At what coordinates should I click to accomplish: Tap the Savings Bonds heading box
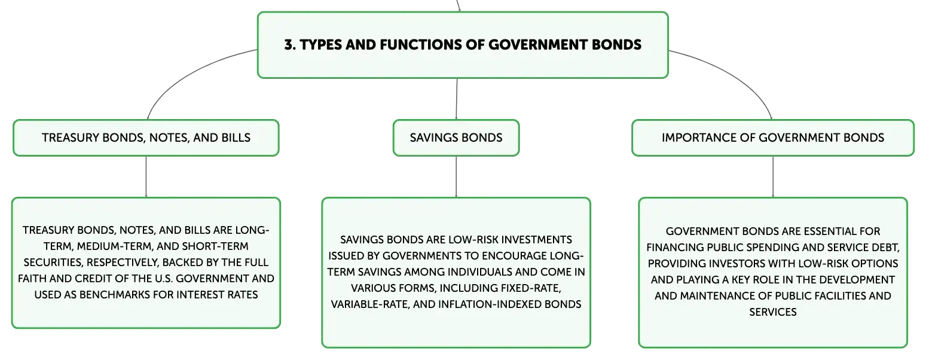coord(456,138)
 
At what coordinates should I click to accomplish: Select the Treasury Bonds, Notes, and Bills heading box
coord(146,138)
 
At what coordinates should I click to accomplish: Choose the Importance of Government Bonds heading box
coord(772,138)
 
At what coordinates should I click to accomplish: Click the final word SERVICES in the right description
coord(772,312)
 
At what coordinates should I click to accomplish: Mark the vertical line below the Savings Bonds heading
coord(456,177)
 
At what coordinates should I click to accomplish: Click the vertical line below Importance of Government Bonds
coord(772,177)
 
